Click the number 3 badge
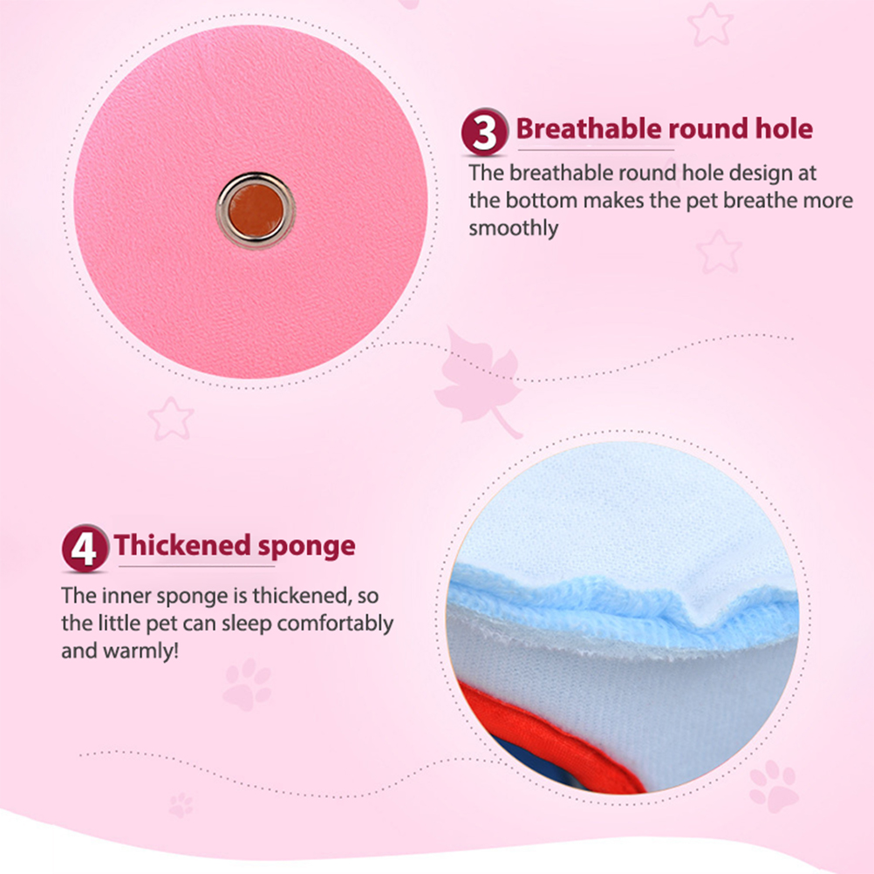tap(484, 132)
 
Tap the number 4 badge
tap(85, 549)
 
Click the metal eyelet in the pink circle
tap(256, 211)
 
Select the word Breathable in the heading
tap(589, 129)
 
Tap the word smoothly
tap(514, 229)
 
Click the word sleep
tap(246, 624)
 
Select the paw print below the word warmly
tap(247, 685)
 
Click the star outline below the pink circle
tap(171, 419)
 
